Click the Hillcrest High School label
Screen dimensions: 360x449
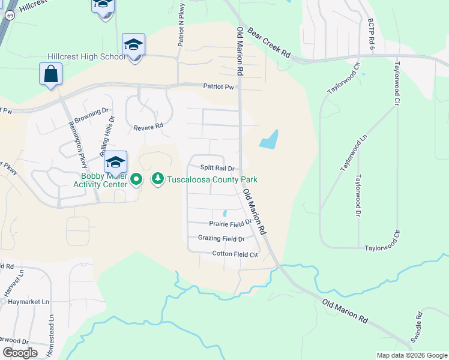[x=86, y=56]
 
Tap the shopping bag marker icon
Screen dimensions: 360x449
[x=51, y=74]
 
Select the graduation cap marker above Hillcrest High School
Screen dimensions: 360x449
[x=133, y=45]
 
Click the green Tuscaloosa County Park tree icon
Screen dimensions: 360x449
[x=158, y=179]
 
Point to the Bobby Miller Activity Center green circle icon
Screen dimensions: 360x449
[x=136, y=179]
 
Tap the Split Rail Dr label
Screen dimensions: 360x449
[x=217, y=169]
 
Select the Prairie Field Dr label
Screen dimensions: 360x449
[x=229, y=223]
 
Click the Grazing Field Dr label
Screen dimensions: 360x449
[x=221, y=238]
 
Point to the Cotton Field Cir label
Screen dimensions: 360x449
[x=235, y=254]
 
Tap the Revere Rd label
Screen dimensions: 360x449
[x=148, y=127]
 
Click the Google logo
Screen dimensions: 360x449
[x=20, y=353]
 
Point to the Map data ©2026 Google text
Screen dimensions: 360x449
[x=412, y=355]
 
